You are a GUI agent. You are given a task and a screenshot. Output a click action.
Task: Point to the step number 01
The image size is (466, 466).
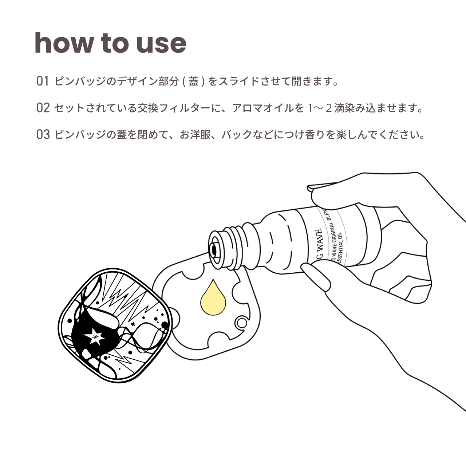tap(43, 81)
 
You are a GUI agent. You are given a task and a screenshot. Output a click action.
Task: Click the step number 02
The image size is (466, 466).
tap(43, 108)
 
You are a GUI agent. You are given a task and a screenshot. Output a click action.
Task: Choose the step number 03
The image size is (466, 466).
tap(43, 135)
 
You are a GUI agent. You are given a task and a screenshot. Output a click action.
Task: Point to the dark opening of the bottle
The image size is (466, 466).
tap(214, 249)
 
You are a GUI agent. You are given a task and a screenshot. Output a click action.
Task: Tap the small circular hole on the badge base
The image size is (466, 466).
tap(240, 322)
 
